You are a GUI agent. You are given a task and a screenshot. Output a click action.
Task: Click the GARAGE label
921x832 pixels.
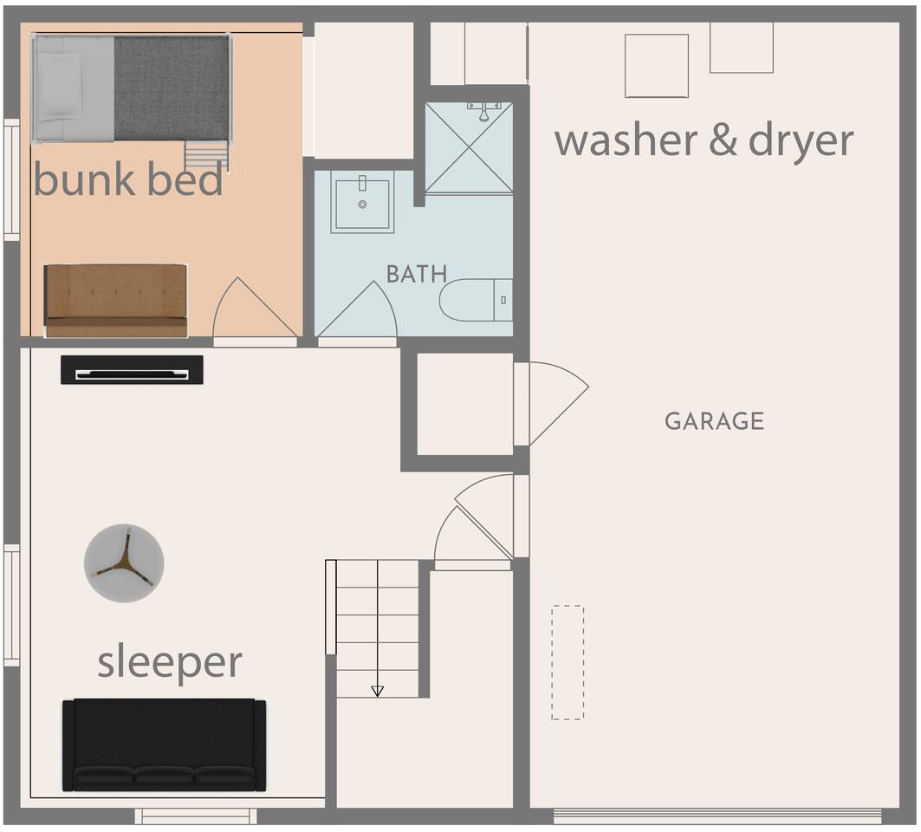click(x=714, y=420)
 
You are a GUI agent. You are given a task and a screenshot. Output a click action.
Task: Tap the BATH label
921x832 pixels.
click(x=417, y=274)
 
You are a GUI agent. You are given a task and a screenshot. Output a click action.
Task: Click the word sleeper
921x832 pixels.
click(x=170, y=662)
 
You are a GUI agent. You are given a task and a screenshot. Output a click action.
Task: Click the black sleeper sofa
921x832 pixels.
click(x=164, y=745)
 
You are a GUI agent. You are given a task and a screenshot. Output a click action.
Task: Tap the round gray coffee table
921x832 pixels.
click(x=124, y=562)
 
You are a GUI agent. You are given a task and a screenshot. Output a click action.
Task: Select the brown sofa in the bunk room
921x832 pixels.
click(x=116, y=301)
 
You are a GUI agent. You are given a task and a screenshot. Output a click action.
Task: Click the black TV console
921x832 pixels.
click(x=133, y=369)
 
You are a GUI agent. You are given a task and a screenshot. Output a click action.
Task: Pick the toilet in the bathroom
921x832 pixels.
click(x=476, y=300)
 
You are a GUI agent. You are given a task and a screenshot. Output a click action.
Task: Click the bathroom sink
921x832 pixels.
click(x=362, y=202)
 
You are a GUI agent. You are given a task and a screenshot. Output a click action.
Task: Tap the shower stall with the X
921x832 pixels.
click(x=469, y=147)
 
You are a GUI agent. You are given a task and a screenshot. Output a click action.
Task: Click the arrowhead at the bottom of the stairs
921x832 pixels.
click(x=378, y=691)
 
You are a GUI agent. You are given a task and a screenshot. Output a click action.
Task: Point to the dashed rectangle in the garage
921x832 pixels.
click(x=568, y=662)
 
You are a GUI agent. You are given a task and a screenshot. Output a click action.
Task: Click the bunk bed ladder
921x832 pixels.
click(x=207, y=156)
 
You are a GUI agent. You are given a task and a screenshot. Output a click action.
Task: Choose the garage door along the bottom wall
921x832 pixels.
click(x=717, y=816)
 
